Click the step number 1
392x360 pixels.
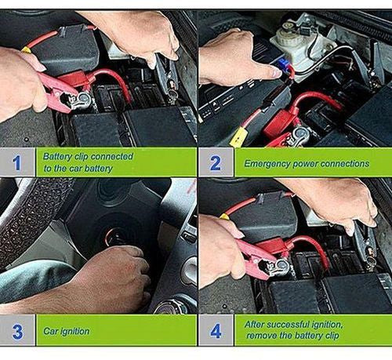coord(16,162)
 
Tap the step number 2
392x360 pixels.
coord(216,163)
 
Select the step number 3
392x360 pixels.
coord(17,332)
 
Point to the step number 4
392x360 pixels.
coord(216,331)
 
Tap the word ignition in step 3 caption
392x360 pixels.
coord(75,332)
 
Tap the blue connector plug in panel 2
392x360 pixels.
coord(282,64)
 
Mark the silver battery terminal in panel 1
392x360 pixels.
coord(82,100)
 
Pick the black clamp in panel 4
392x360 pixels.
coord(366,245)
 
